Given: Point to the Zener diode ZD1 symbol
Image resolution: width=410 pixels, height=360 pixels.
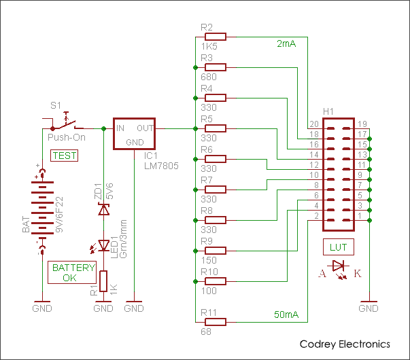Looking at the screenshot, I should (x=103, y=210).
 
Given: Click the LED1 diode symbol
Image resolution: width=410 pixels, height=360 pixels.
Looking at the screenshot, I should (x=103, y=245).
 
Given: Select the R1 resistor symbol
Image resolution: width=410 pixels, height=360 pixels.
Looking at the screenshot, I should (x=103, y=281).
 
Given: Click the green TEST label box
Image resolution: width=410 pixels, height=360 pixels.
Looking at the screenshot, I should (x=65, y=156).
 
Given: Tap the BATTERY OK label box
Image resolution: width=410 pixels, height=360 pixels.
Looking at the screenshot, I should (x=73, y=272).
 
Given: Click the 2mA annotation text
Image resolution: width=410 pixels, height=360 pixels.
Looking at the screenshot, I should (x=286, y=44).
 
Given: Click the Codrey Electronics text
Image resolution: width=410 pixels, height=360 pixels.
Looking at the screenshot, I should (x=345, y=344).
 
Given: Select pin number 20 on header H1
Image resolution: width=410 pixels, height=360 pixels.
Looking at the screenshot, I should (x=313, y=124).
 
